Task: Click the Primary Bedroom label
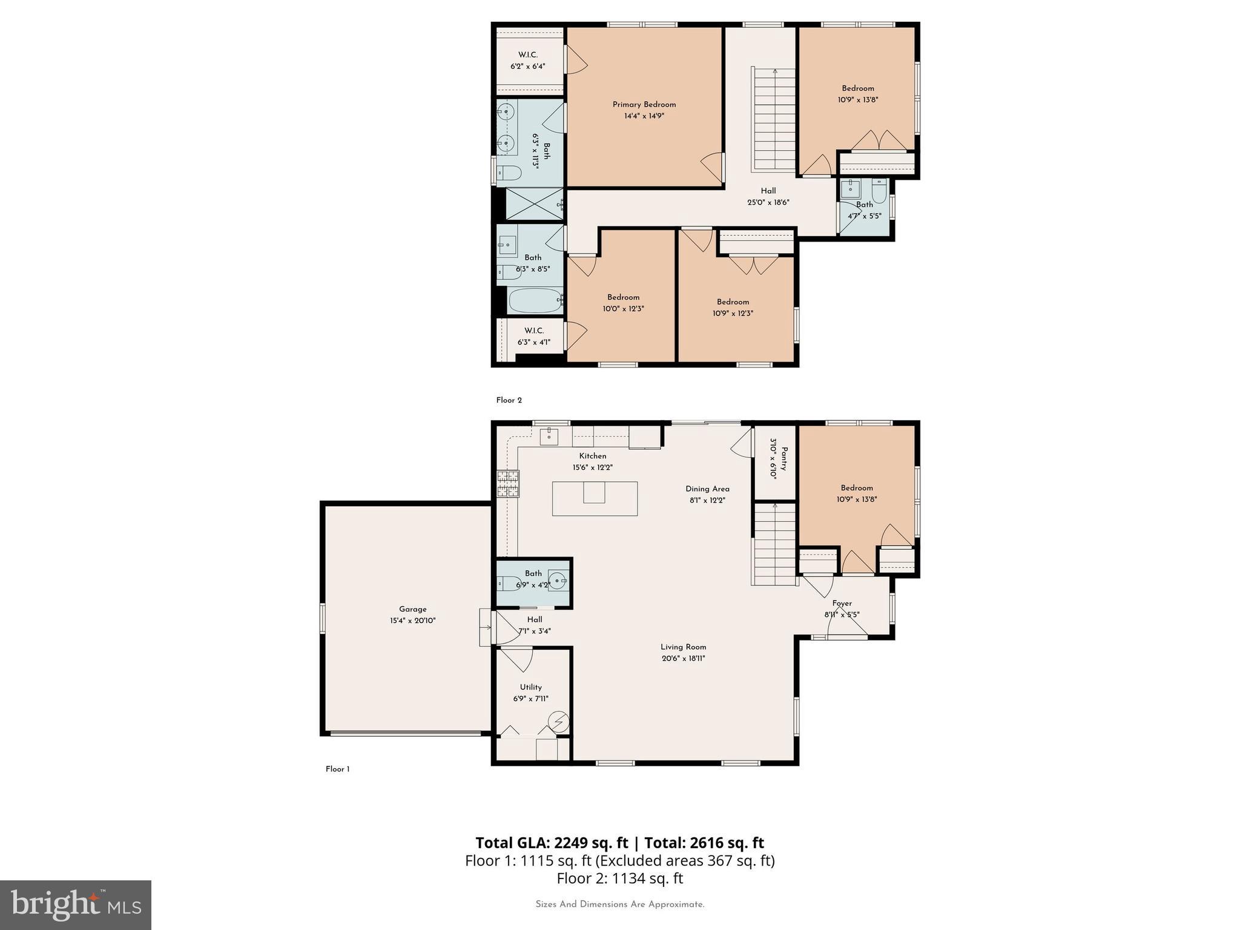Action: point(644,105)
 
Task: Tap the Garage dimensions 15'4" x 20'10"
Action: point(412,621)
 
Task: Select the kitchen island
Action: point(595,498)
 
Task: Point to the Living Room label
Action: point(683,647)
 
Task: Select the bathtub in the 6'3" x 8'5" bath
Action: point(535,300)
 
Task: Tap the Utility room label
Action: point(530,687)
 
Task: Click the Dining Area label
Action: point(707,489)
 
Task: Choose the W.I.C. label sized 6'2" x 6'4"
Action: point(528,55)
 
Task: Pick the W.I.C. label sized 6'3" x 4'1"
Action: point(534,331)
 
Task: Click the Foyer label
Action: point(842,603)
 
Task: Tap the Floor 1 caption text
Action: point(337,769)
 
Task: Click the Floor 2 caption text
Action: point(509,400)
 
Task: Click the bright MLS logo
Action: point(76,905)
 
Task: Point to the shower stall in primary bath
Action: point(533,203)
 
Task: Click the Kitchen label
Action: point(592,456)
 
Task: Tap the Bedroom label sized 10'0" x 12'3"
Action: point(623,297)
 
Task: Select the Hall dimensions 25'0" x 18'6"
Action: point(768,203)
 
